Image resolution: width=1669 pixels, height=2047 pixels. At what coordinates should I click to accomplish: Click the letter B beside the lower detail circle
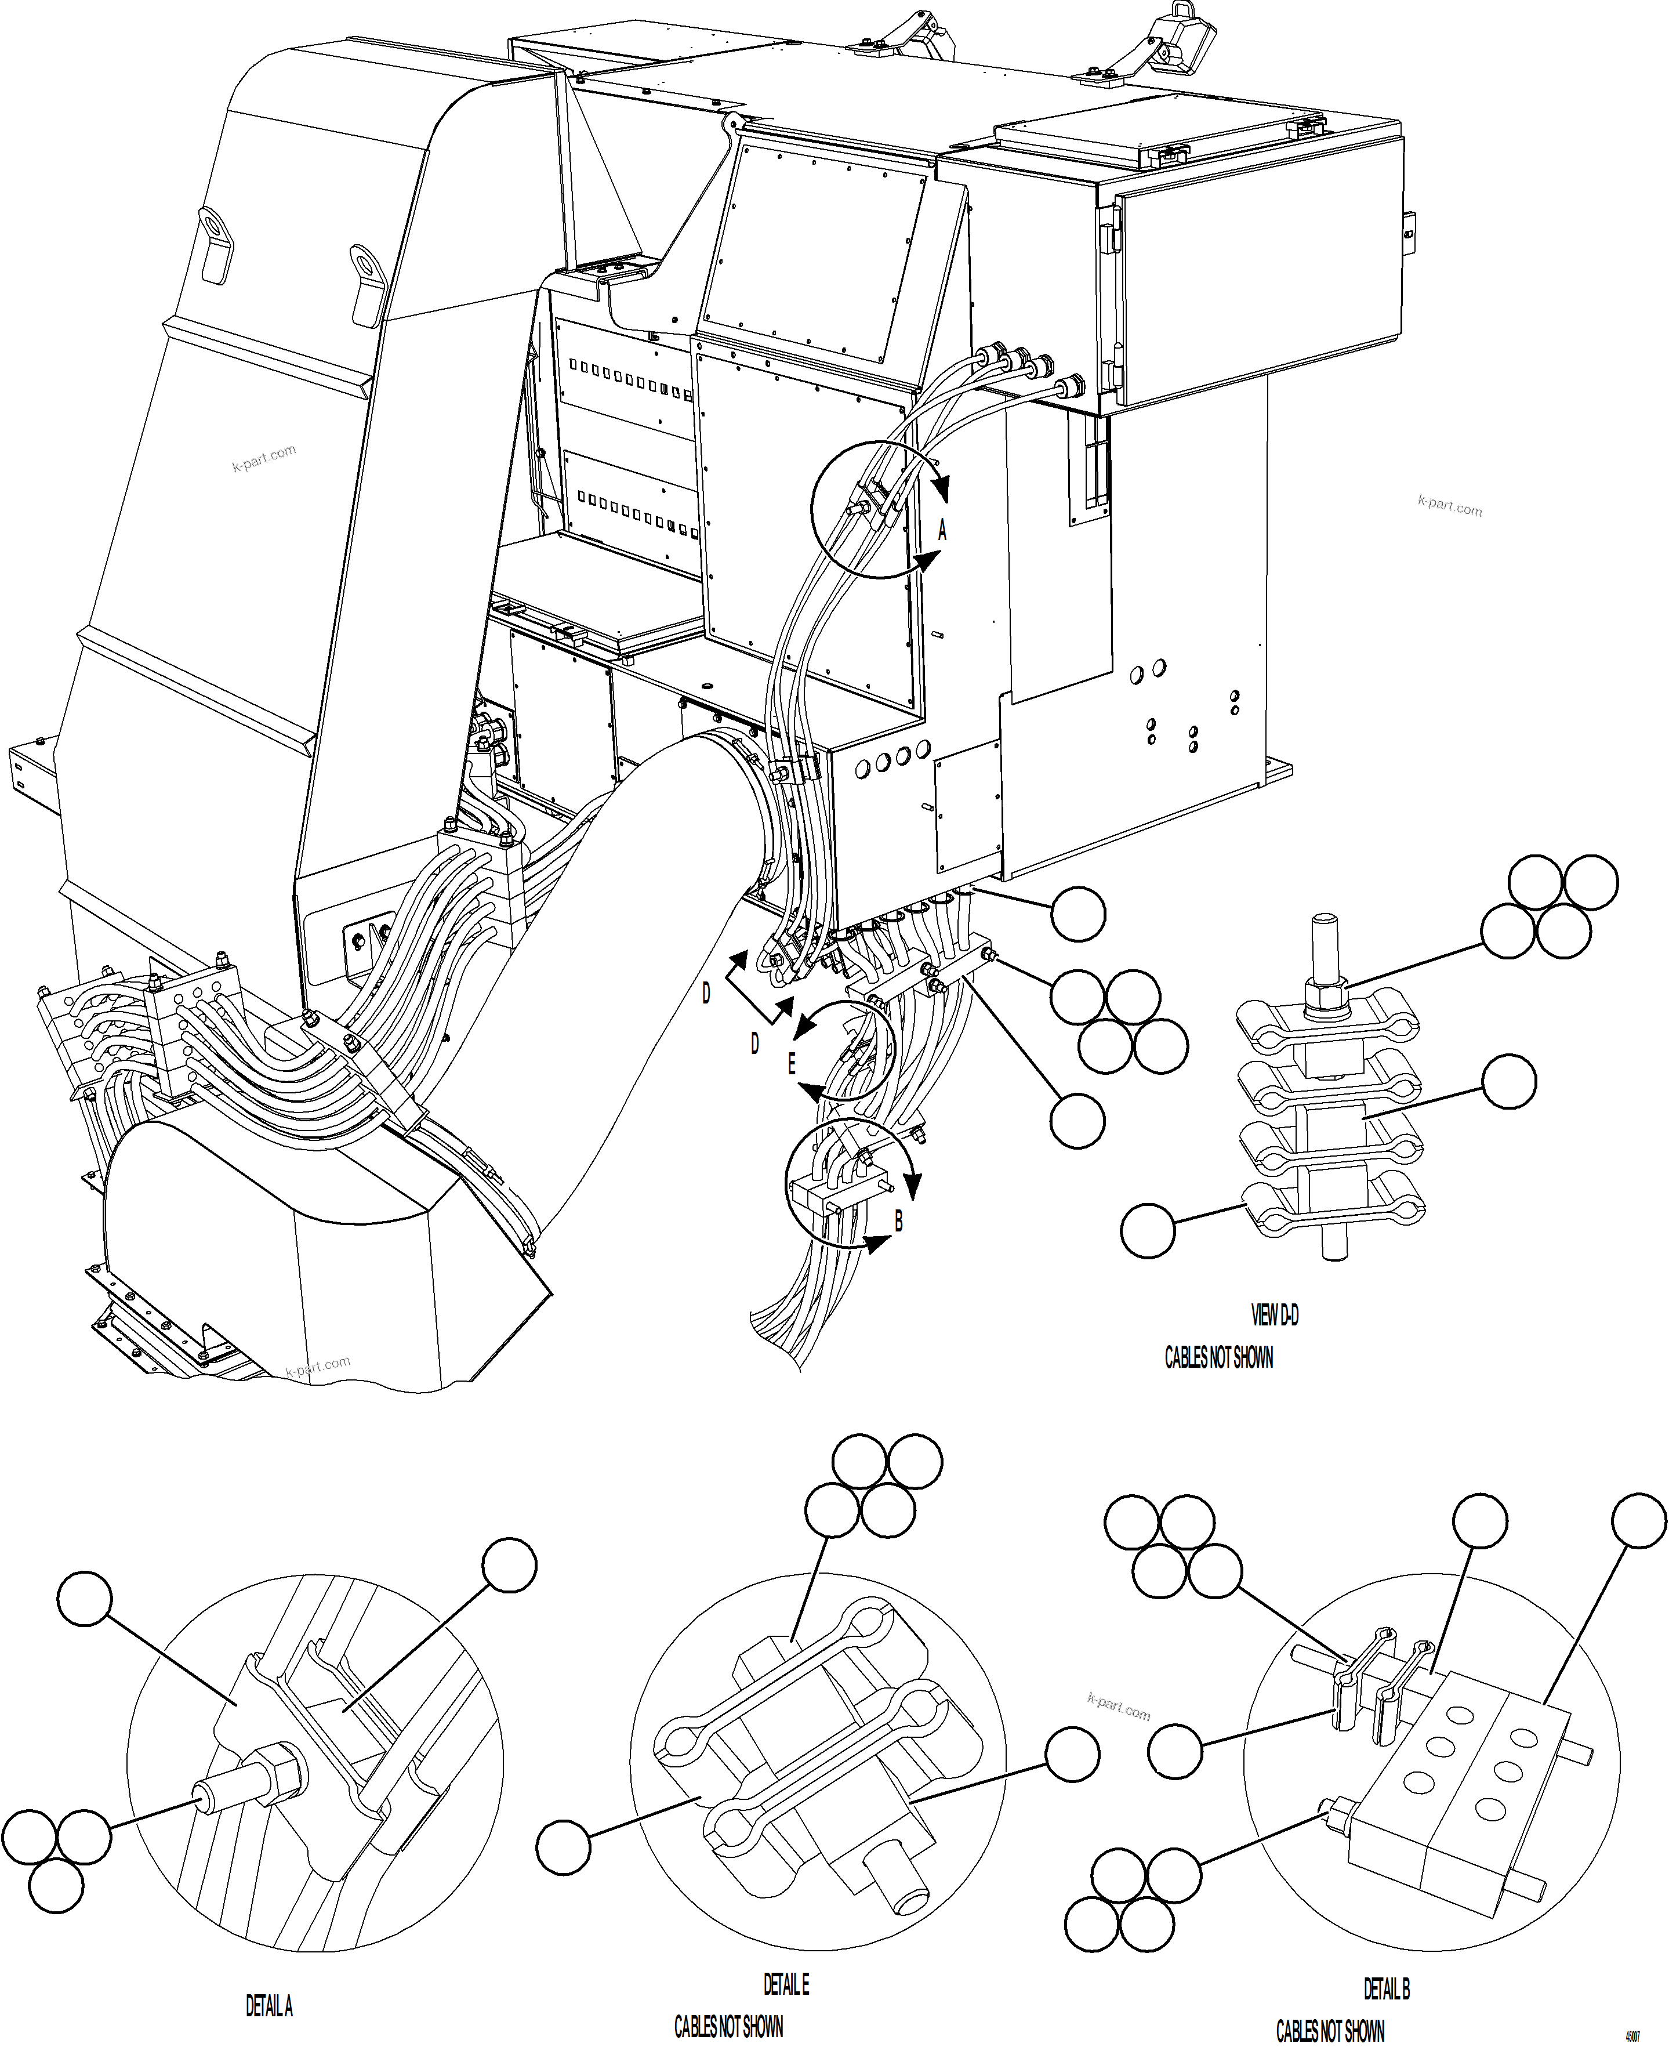tap(899, 1221)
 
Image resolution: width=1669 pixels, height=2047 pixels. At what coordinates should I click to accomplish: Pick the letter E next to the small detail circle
tap(792, 1063)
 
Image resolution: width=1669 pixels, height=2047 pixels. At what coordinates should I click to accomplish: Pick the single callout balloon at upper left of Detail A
tap(85, 1598)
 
